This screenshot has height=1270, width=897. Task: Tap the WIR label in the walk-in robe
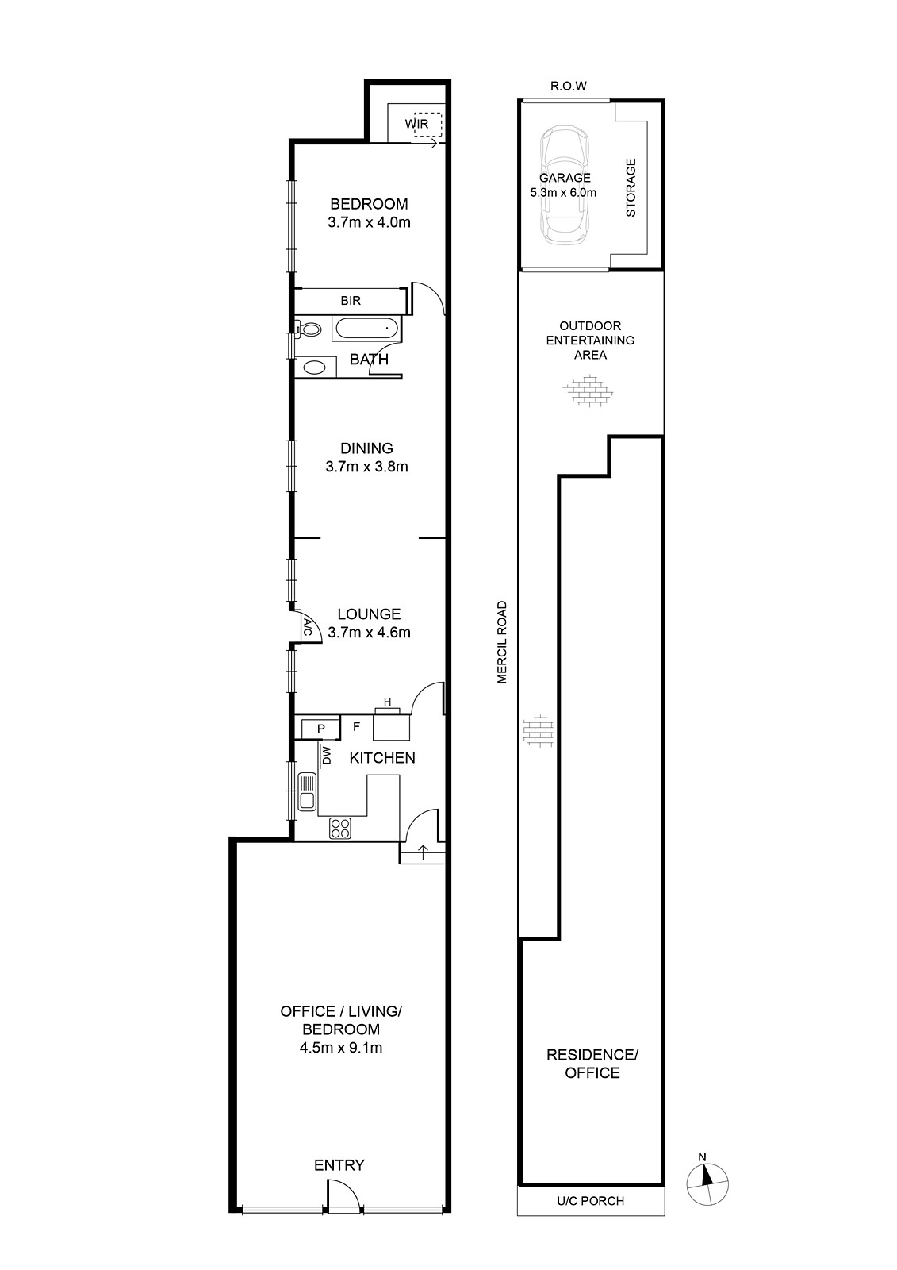tap(416, 124)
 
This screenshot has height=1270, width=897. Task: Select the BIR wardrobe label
tap(351, 301)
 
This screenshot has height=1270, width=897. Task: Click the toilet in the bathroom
tap(308, 329)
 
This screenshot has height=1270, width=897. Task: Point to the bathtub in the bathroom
tap(366, 329)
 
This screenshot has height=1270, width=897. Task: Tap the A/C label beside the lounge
tap(308, 627)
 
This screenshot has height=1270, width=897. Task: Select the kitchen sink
tap(307, 791)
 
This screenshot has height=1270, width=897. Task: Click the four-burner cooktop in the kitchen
tap(340, 829)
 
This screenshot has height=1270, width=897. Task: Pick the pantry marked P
tap(320, 729)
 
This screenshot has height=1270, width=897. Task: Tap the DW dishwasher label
tap(327, 755)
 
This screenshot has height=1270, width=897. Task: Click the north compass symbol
tap(707, 1183)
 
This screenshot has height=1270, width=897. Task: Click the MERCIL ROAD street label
tap(502, 642)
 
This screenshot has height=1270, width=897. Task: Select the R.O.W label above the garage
tap(569, 87)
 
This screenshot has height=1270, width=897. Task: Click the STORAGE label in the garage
tap(631, 187)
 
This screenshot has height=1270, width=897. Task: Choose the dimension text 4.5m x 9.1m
tap(341, 1048)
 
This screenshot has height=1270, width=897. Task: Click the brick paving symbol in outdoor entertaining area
tap(588, 390)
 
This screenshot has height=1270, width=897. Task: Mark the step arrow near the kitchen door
tap(423, 852)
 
